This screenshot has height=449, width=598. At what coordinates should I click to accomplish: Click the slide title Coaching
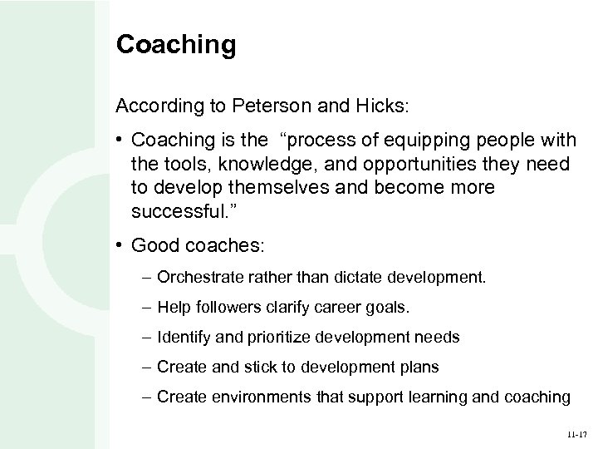(176, 45)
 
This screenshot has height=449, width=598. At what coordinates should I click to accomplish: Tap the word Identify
(182, 338)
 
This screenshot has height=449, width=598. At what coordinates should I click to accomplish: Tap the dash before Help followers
(146, 308)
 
